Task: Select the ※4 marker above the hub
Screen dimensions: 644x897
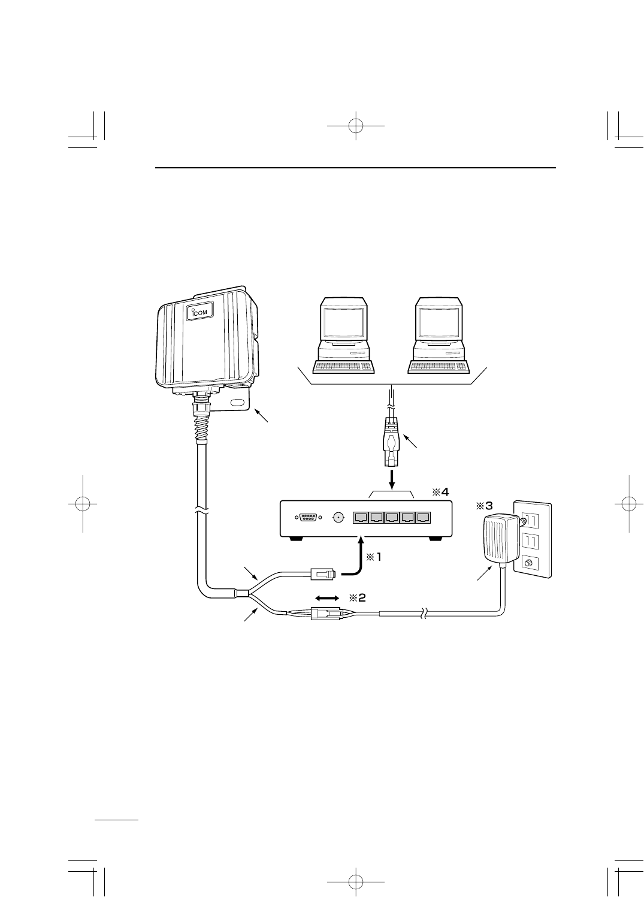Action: coord(440,492)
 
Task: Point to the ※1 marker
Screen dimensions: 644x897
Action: coord(373,557)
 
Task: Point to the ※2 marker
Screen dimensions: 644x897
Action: coord(357,597)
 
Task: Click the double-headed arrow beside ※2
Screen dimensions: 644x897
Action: coord(327,598)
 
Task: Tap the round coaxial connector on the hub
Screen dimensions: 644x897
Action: coord(339,517)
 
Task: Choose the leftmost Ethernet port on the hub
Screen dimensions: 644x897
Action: coord(361,517)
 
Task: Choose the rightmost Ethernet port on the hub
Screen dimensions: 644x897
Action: coord(423,517)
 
